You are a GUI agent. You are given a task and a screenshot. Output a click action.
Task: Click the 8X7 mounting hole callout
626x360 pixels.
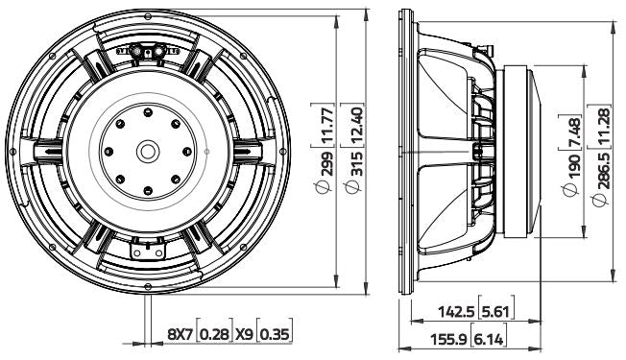coord(180,334)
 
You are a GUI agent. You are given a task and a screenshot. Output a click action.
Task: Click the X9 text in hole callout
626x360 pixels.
coord(245,334)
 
